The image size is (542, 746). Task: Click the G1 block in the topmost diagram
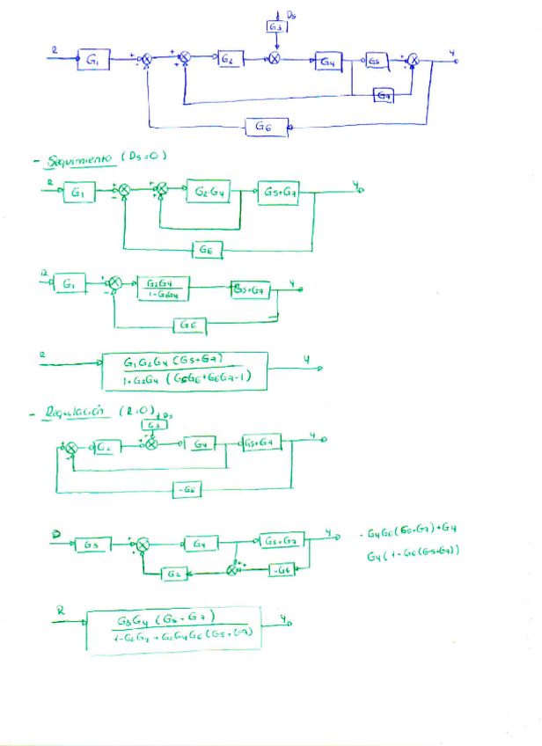click(x=92, y=60)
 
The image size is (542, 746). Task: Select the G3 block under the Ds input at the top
click(x=275, y=29)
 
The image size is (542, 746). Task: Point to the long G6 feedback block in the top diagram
click(x=263, y=127)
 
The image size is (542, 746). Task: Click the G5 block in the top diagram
click(x=377, y=61)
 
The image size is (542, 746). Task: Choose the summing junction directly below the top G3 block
click(x=275, y=60)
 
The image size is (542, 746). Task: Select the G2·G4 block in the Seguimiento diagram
click(x=208, y=191)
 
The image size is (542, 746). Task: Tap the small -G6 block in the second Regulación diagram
click(x=283, y=571)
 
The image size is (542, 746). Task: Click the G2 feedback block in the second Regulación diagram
click(x=173, y=574)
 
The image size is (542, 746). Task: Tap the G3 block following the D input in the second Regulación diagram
click(x=92, y=545)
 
